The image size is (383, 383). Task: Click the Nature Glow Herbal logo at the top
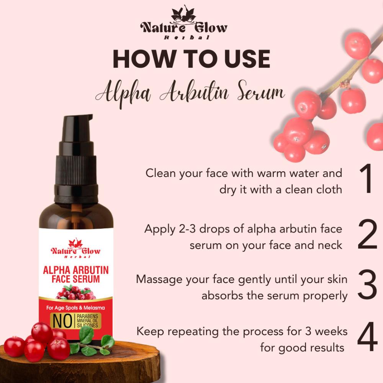coord(184,23)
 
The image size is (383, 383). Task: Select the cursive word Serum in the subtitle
coord(261,92)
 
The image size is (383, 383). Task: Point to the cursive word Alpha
coord(123,94)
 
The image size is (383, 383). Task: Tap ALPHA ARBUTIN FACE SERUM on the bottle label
coord(76,274)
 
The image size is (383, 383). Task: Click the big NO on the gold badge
coord(62,321)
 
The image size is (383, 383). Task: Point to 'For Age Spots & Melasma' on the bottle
coord(75,308)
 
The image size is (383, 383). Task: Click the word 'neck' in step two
coord(330,245)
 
